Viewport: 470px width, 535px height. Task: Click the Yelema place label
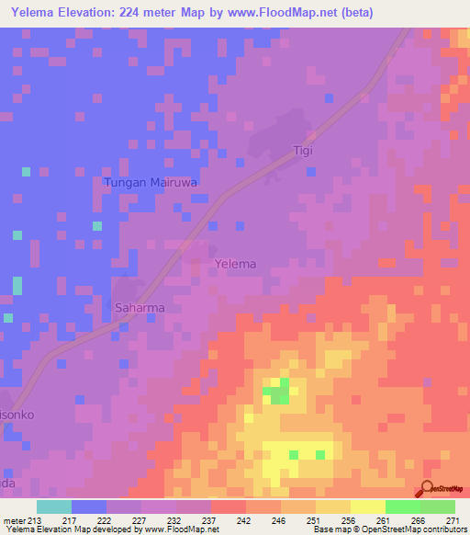pyautogui.click(x=235, y=264)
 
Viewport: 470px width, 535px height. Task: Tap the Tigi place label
pyautogui.click(x=303, y=150)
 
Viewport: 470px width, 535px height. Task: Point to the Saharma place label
pyautogui.click(x=140, y=308)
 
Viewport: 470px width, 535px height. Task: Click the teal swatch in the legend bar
pyautogui.click(x=54, y=507)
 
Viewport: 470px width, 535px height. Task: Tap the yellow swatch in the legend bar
pyautogui.click(x=367, y=507)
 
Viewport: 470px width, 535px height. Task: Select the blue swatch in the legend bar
pyautogui.click(x=89, y=507)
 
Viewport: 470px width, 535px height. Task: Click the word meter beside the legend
pyautogui.click(x=14, y=519)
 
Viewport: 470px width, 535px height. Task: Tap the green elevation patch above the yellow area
pyautogui.click(x=278, y=393)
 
